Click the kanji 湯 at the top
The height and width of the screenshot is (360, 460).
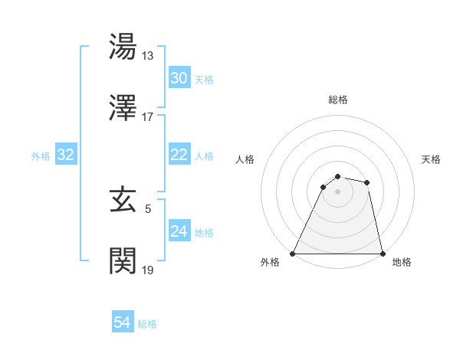pyautogui.click(x=124, y=47)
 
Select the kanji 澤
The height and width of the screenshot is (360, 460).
pyautogui.click(x=124, y=109)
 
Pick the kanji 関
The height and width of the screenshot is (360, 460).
pyautogui.click(x=124, y=261)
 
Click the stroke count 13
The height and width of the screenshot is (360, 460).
pyautogui.click(x=149, y=56)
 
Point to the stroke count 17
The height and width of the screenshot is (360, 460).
pyautogui.click(x=149, y=117)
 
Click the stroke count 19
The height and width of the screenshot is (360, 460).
pyautogui.click(x=149, y=270)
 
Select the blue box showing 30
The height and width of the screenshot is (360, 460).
pyautogui.click(x=179, y=78)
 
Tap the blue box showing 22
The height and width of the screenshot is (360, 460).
pyautogui.click(x=179, y=155)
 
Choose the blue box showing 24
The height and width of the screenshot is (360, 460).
pyautogui.click(x=179, y=231)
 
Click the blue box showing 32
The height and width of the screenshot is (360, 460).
pyautogui.click(x=66, y=155)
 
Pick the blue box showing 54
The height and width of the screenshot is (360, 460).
pyautogui.click(x=122, y=322)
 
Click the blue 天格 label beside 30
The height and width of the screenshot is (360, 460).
pyautogui.click(x=204, y=80)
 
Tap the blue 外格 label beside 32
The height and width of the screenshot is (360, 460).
pyautogui.click(x=41, y=156)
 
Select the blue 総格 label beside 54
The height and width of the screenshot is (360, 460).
pyautogui.click(x=147, y=324)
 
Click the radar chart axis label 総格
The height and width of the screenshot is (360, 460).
pyautogui.click(x=338, y=100)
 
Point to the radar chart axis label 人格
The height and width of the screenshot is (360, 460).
pyautogui.click(x=245, y=159)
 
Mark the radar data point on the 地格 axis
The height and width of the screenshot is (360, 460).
pyautogui.click(x=382, y=254)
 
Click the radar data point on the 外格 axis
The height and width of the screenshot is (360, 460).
pyautogui.click(x=293, y=254)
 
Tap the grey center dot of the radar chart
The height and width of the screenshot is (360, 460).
pyautogui.click(x=337, y=191)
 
